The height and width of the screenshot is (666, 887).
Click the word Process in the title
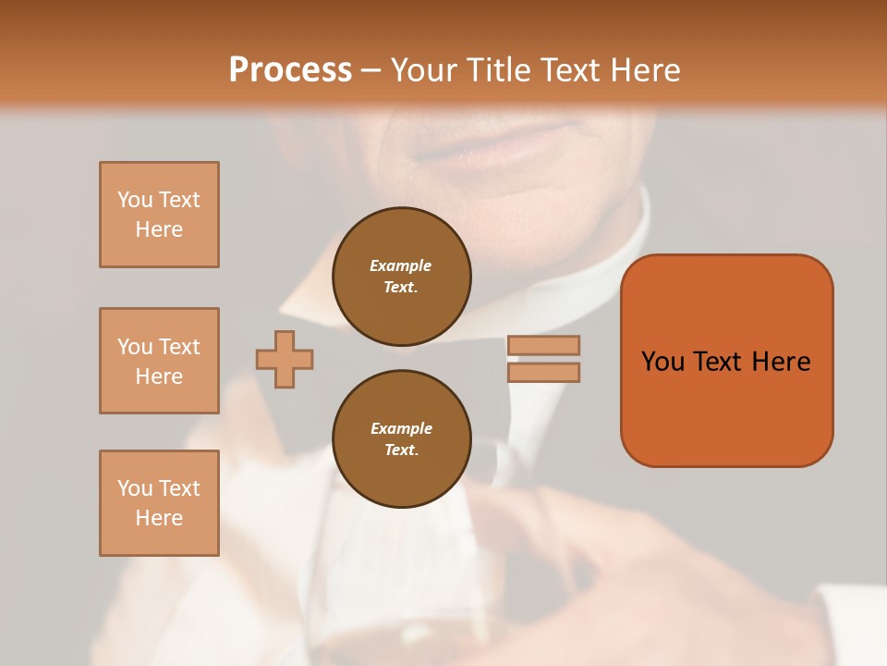point(290,70)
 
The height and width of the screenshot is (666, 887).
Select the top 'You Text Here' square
point(159,215)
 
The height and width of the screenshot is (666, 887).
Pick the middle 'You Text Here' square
point(159,361)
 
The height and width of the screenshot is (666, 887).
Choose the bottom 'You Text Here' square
point(159,503)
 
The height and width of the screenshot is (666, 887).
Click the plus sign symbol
point(285,359)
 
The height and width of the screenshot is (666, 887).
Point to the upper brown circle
point(401,277)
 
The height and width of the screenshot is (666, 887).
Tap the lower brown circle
point(401,439)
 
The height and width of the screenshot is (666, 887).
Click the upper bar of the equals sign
point(543,345)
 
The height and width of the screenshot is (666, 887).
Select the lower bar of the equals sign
point(543,372)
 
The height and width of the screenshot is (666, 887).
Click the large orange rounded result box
point(726,361)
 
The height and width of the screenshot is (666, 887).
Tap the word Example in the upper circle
point(401,265)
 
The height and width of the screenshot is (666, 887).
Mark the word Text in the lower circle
point(400,450)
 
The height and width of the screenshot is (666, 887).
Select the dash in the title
point(371,70)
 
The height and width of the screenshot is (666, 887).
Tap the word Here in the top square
point(159,229)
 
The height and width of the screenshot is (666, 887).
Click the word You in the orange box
point(662,362)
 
